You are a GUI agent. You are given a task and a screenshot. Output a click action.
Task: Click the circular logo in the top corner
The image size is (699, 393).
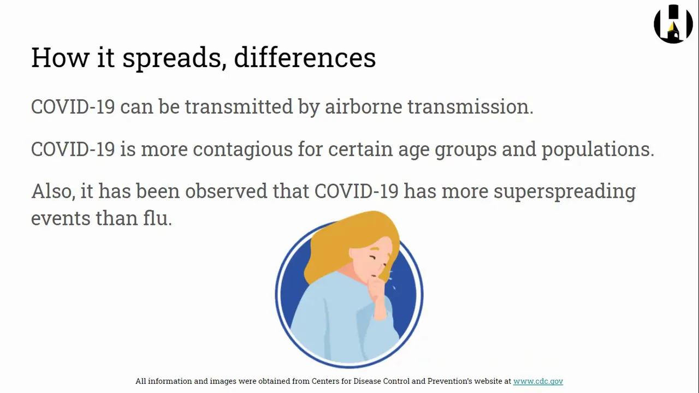coord(673,24)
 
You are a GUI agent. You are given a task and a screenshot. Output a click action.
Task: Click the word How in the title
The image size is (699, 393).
coord(60,57)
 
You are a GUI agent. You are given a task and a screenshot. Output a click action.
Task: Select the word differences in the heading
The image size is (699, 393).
coord(305,57)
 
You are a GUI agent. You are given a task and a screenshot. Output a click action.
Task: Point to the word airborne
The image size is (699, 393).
coord(364,106)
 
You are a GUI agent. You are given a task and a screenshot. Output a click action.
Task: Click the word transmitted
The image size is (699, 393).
coord(239,106)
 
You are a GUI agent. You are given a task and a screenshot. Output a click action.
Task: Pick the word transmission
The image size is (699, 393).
coord(471,106)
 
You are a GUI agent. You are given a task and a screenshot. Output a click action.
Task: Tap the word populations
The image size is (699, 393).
coord(598,149)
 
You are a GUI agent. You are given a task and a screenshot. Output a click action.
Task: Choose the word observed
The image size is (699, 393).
coord(226,191)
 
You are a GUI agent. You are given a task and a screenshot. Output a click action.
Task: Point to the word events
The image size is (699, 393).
coord(61,218)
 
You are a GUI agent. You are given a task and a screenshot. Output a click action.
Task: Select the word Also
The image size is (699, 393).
coord(54,191)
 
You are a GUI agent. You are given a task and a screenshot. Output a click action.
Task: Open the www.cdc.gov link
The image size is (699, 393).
coord(538,381)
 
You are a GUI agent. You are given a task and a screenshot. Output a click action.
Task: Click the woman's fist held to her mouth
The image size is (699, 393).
coord(377,287)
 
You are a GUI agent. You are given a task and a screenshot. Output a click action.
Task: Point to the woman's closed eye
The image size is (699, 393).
coord(373,258)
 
